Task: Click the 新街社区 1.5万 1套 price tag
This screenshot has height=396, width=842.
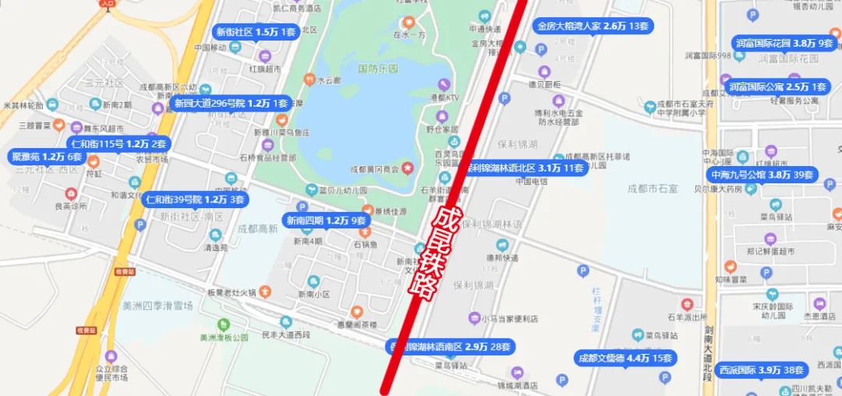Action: point(256,32)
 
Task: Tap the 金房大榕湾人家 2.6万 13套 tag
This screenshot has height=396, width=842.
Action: point(593,26)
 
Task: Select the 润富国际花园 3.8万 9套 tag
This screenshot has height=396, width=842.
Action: point(784,43)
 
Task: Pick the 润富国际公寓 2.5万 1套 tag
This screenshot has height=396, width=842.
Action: point(779,87)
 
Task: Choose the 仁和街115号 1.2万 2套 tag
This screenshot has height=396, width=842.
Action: point(119,143)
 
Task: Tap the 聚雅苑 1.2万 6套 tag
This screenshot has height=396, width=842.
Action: point(47,157)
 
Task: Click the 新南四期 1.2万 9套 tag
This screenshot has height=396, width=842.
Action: point(325,220)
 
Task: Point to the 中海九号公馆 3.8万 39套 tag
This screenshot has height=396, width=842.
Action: point(762,175)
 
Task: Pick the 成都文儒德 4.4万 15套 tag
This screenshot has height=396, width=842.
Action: point(624,358)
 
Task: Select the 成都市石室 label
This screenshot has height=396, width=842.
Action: point(653,188)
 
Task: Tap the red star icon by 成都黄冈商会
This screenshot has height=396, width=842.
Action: point(406,169)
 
